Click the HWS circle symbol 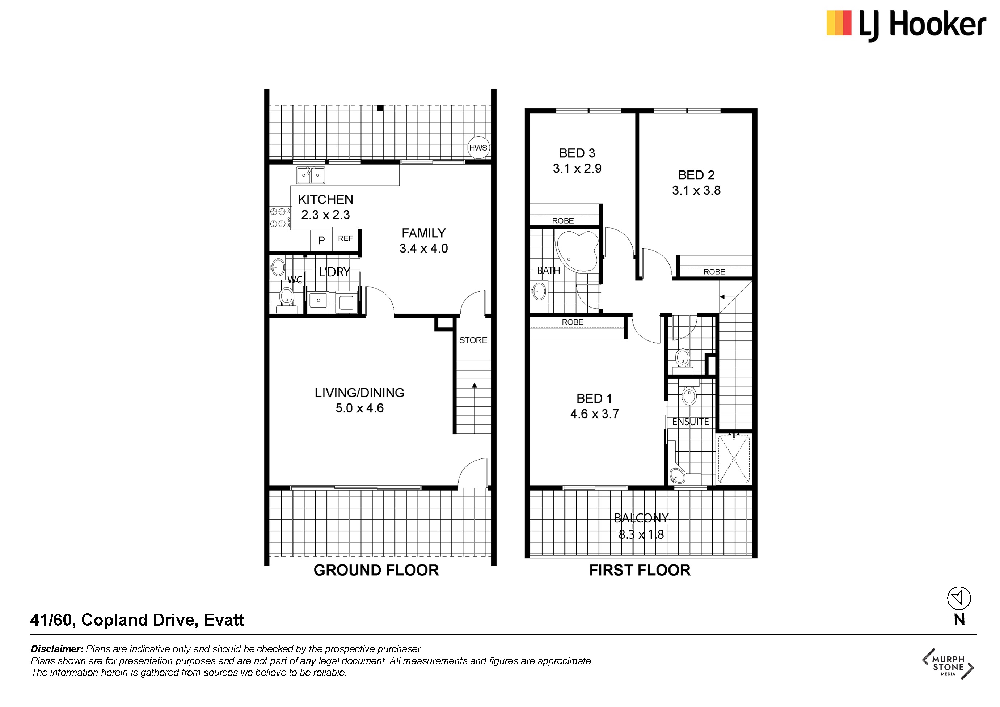pos(478,148)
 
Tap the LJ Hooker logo pos(906,25)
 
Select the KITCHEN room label pos(325,199)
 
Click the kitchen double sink pos(311,175)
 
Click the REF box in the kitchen pos(345,238)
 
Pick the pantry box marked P pos(321,240)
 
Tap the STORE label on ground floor pos(473,340)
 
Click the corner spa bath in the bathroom pos(577,251)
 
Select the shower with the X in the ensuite pos(734,459)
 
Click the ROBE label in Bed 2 pos(714,272)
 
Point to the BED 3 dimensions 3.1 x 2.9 pos(577,169)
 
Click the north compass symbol pos(959,598)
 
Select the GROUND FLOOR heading pos(376,570)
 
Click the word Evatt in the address pos(224,620)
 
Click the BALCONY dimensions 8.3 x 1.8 pos(641,535)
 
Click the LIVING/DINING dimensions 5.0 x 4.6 pos(359,408)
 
